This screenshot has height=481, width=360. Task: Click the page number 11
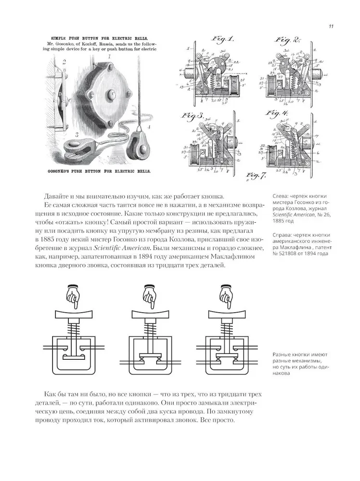coord(332,26)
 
